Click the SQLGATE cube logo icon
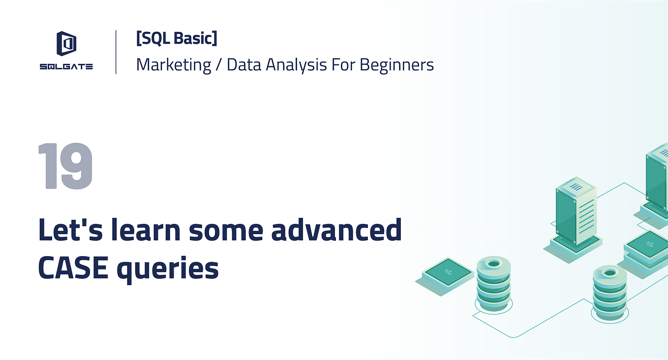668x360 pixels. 66,43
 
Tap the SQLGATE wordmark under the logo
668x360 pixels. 66,67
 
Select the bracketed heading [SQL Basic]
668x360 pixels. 176,38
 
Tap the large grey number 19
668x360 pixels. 65,166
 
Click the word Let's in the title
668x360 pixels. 68,231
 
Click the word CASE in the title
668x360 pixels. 73,269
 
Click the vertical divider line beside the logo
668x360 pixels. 116,52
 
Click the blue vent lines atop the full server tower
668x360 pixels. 576,187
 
